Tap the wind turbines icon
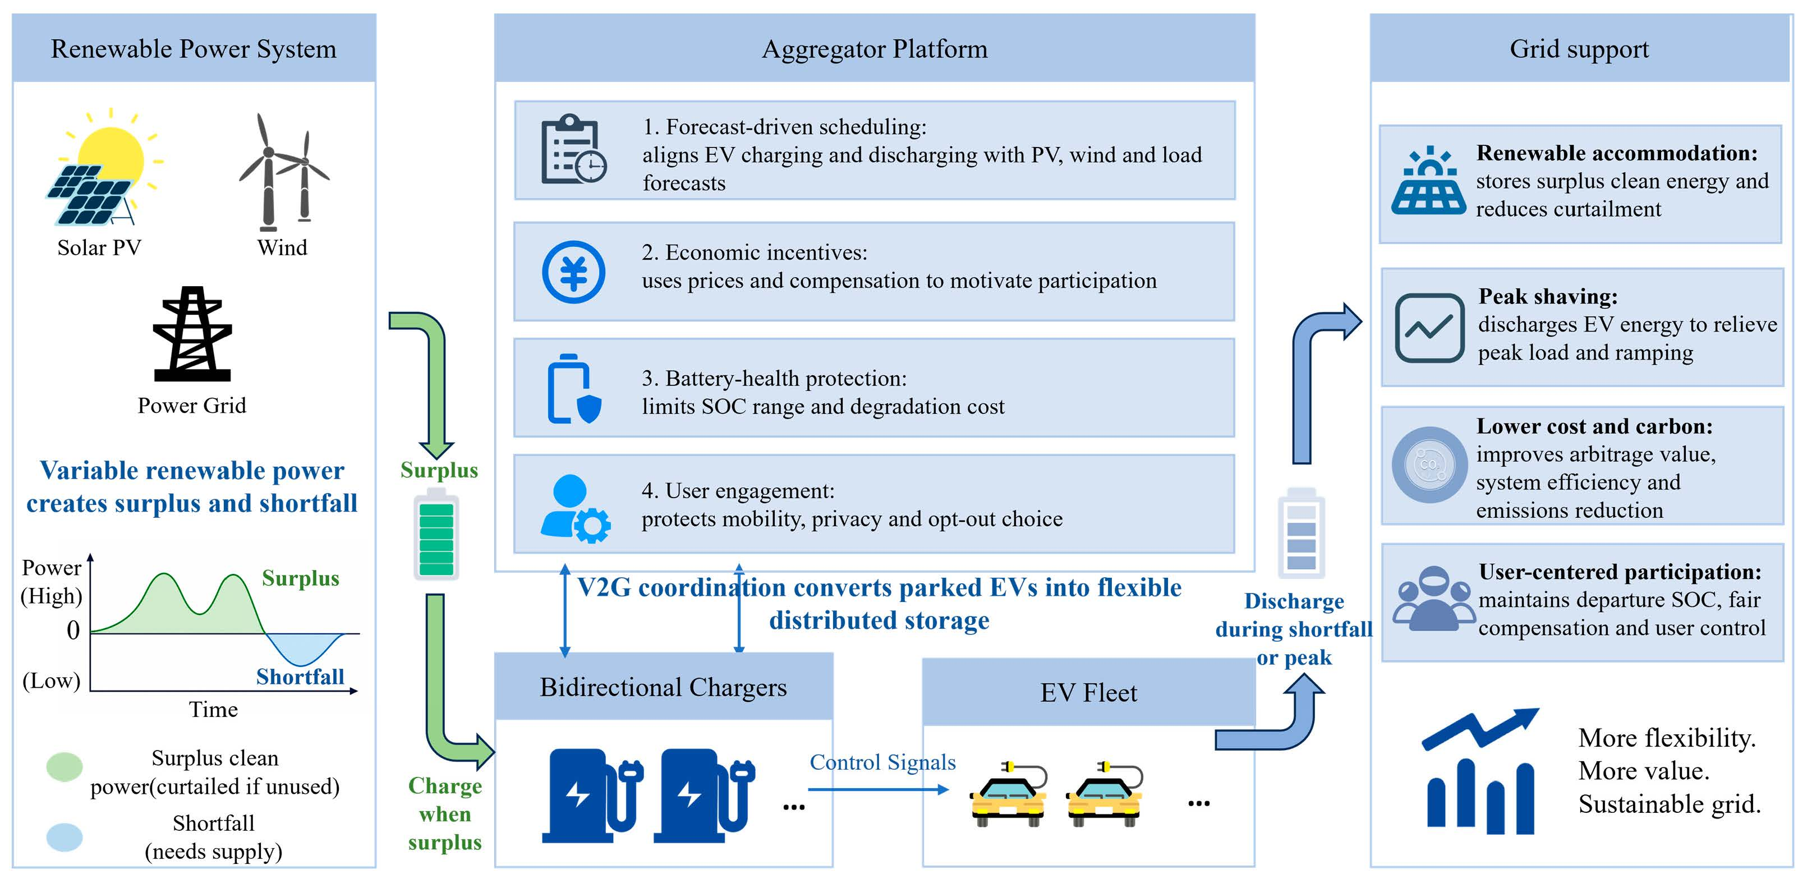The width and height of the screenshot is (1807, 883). tap(284, 172)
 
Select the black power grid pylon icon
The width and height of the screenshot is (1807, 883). tap(192, 333)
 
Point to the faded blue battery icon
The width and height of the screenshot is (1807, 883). tap(1301, 533)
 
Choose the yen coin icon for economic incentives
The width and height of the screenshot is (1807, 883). tap(573, 272)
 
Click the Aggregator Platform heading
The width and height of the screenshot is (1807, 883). tap(875, 49)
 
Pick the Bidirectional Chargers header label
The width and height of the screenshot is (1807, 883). tap(663, 687)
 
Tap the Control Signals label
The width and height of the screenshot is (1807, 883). tap(882, 762)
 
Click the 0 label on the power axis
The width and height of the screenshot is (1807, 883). tap(73, 630)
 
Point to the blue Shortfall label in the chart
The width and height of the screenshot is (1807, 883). tap(300, 676)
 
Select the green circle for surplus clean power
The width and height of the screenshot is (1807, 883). tap(65, 766)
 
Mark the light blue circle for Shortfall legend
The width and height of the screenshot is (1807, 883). tap(65, 836)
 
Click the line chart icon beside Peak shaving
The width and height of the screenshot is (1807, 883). tap(1429, 328)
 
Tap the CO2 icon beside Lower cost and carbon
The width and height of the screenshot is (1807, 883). tap(1429, 465)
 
